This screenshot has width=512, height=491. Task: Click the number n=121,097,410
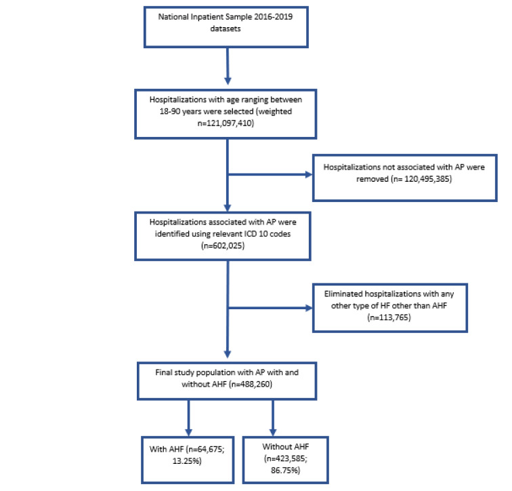point(226,123)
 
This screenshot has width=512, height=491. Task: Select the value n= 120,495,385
point(421,179)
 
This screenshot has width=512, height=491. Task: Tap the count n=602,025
point(223,245)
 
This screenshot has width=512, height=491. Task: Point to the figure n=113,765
point(389,317)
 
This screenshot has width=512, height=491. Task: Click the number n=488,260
point(251,384)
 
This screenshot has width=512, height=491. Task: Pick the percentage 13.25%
point(186,461)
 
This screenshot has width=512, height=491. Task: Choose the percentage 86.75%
point(285,471)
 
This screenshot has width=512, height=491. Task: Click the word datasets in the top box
point(226,28)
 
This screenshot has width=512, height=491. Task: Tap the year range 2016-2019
point(274,17)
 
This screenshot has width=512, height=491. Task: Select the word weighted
point(275,111)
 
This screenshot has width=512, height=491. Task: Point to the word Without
point(274,446)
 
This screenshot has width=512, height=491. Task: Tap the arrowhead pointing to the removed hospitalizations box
point(309,174)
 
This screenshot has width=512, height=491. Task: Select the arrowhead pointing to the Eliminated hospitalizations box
point(309,308)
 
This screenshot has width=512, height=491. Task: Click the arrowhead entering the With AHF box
point(188,432)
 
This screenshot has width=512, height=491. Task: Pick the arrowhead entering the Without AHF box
point(273,432)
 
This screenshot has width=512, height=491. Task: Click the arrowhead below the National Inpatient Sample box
point(228,81)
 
